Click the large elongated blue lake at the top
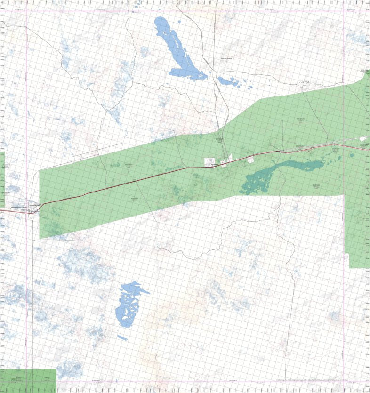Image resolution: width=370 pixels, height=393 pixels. tap(179, 47)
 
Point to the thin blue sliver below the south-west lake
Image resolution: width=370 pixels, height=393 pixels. tap(122, 337)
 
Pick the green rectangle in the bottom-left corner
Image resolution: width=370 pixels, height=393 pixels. tap(28, 380)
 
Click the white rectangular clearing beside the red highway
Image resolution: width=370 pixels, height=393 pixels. tap(209, 161)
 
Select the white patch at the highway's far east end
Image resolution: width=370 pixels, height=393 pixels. tap(362, 138)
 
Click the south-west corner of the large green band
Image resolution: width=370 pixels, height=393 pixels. tap(40, 238)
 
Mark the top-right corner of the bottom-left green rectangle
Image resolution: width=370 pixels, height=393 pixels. tap(56, 369)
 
